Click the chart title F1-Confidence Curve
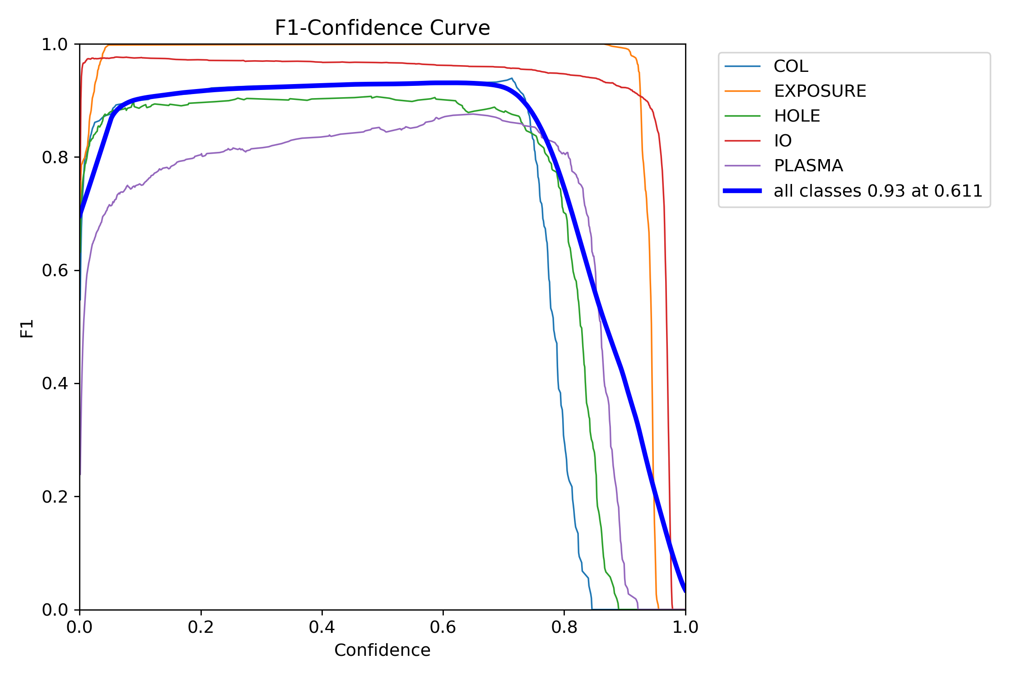[x=382, y=28]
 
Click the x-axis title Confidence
[x=382, y=650]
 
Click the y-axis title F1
[x=27, y=329]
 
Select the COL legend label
[x=790, y=66]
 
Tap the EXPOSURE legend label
[x=820, y=91]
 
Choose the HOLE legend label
[x=797, y=116]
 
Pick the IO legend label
[x=783, y=141]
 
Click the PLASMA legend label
[x=808, y=166]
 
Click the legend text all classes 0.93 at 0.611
[x=878, y=191]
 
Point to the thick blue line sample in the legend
[x=742, y=191]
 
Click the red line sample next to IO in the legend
[x=742, y=141]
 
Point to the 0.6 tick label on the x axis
[x=443, y=627]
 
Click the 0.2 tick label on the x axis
[x=200, y=627]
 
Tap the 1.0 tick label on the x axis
[x=685, y=627]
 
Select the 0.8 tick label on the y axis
[x=54, y=157]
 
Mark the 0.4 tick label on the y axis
[x=54, y=384]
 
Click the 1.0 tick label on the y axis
[x=54, y=45]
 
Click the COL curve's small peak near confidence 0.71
[x=512, y=78]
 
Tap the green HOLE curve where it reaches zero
[x=619, y=609]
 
